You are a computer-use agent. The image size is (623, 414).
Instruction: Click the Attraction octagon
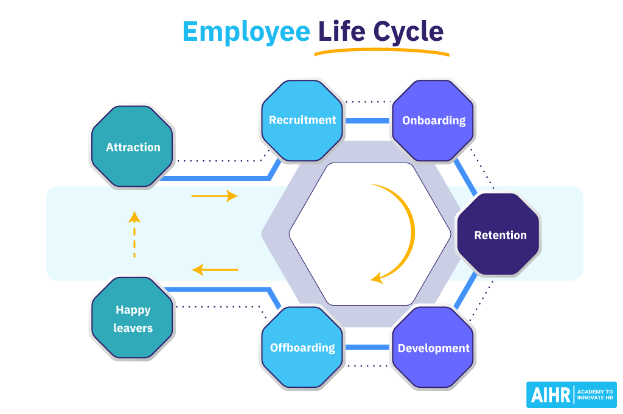tap(133, 147)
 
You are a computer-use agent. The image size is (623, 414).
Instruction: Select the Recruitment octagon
tap(302, 120)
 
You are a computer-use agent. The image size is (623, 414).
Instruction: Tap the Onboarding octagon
tap(434, 120)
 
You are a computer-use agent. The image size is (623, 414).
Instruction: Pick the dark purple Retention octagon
tap(499, 235)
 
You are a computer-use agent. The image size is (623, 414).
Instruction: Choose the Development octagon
tap(434, 348)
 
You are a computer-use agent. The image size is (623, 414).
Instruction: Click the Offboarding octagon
tap(302, 348)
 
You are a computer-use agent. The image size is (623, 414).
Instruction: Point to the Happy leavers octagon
tap(133, 318)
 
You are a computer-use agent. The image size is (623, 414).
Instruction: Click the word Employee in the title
tap(246, 32)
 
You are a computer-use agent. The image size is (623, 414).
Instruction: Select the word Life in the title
tap(341, 32)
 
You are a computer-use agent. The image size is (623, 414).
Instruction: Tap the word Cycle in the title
tap(408, 32)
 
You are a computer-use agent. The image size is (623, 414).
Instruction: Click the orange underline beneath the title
tap(381, 52)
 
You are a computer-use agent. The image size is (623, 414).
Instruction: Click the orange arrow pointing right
tap(214, 196)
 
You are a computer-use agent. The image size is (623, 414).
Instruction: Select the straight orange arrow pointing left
tap(215, 269)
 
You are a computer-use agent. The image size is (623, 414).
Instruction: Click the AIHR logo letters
tap(551, 395)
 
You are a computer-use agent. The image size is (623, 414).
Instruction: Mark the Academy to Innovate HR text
tap(595, 395)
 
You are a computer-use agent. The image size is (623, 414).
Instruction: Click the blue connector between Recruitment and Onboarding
tap(367, 121)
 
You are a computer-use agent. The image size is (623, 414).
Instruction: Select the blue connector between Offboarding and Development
tap(367, 348)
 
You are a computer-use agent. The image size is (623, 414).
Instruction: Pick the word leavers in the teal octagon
tap(133, 328)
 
